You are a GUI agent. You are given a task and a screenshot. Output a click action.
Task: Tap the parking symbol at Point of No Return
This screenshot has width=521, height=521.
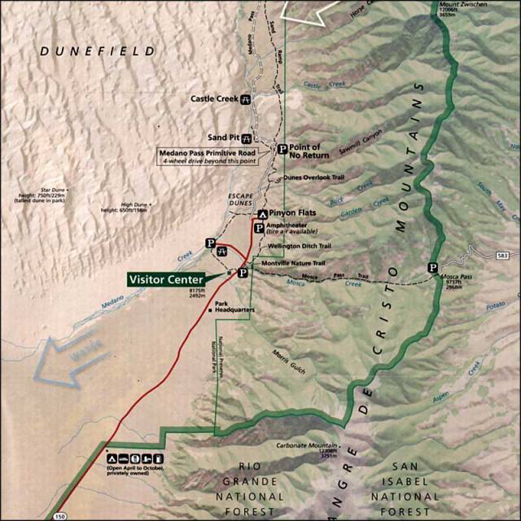282,149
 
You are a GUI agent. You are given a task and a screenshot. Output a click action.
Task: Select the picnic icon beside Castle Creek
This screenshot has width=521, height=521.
245,99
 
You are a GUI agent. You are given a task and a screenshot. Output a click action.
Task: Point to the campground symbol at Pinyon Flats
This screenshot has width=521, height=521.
262,214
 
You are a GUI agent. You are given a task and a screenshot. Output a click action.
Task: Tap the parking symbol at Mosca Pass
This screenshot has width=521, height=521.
433,266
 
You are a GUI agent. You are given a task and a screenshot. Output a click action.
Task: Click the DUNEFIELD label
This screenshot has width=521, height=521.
97,51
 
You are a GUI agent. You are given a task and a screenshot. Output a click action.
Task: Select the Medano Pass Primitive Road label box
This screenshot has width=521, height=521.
217,156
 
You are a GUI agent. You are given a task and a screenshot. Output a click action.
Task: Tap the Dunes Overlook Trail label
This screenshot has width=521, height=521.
318,177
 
